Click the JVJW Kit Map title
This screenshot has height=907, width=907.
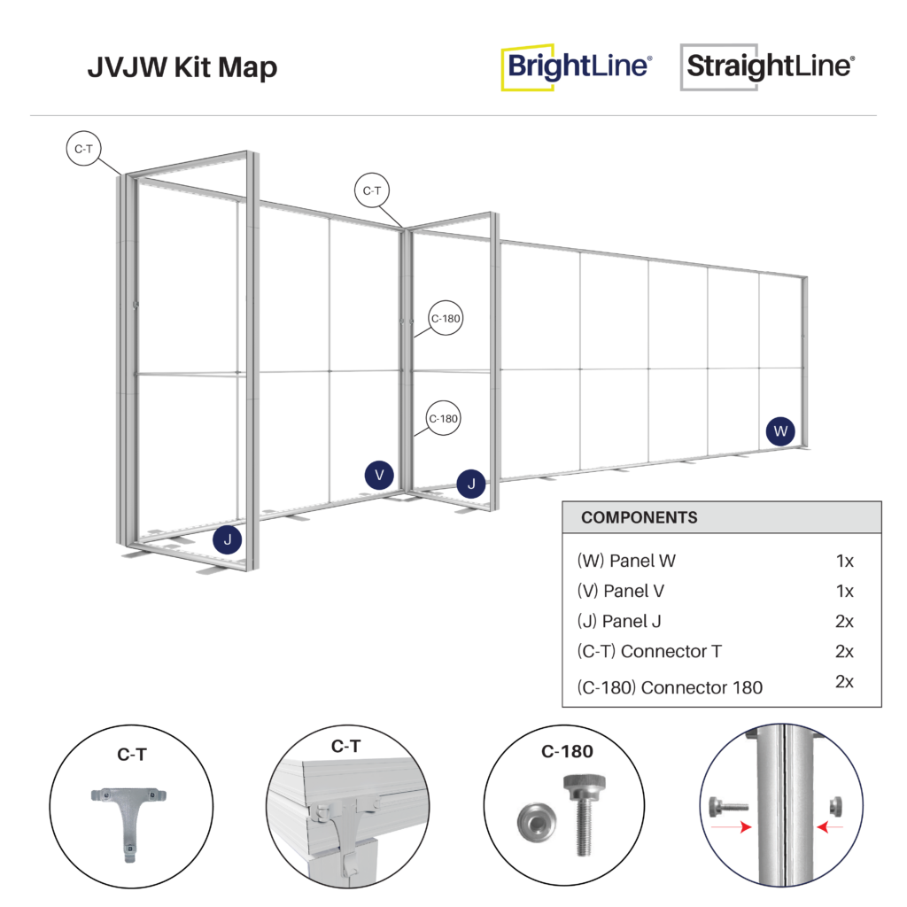[182, 67]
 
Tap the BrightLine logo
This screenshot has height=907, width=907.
[577, 67]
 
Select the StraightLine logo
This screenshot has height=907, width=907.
[767, 67]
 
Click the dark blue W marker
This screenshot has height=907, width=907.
[780, 431]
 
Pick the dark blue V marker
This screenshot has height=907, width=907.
[379, 475]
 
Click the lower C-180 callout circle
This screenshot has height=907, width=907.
[444, 418]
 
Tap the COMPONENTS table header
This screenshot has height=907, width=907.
[639, 517]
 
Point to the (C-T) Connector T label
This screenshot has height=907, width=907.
[648, 651]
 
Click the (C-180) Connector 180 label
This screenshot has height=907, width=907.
[669, 686]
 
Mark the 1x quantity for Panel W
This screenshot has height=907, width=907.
[844, 560]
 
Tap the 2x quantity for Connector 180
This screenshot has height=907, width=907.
[844, 681]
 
